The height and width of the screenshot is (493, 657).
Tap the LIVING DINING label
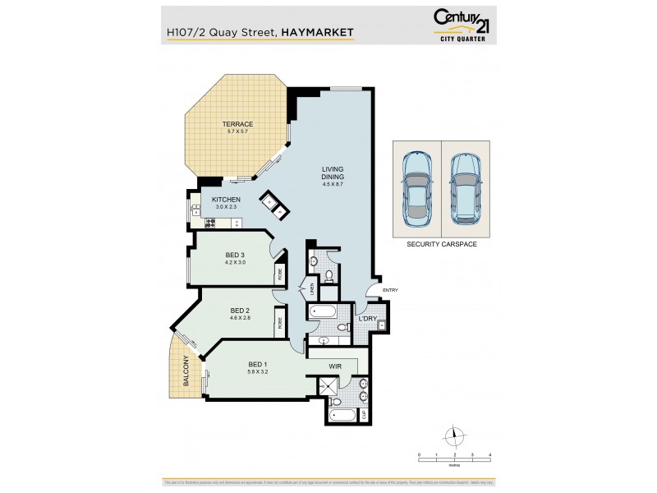tap(333, 174)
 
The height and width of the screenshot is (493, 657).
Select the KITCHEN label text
tap(226, 200)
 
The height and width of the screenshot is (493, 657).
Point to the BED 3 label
tap(236, 256)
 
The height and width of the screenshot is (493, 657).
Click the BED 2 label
tap(239, 310)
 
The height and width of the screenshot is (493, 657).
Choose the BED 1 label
tap(258, 365)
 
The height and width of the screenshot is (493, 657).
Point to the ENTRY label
tap(389, 289)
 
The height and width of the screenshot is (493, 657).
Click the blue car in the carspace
tap(417, 187)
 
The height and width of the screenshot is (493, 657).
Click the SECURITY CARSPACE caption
tap(441, 244)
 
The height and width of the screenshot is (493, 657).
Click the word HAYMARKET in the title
tap(318, 33)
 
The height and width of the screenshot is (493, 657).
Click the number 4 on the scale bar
tap(489, 454)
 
